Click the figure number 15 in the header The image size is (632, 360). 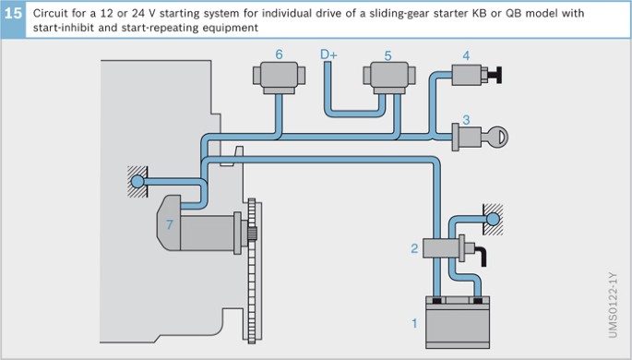click(13, 13)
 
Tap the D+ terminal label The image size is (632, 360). click(328, 54)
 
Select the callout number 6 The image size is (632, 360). click(279, 54)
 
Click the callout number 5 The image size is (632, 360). click(388, 55)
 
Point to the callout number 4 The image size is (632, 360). click(466, 55)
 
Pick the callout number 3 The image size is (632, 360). click(466, 120)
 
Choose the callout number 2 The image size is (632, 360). click(414, 248)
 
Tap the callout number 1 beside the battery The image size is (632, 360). click(414, 323)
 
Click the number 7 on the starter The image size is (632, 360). click(170, 224)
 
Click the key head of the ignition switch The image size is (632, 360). click(499, 137)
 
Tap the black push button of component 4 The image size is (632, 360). click(495, 75)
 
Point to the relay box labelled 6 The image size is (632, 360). click(279, 77)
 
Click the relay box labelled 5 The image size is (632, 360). click(389, 78)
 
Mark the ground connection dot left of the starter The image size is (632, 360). click(137, 182)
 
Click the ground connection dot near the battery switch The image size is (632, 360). click(493, 220)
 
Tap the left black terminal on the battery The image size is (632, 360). click(437, 300)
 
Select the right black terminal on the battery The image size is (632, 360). click(478, 300)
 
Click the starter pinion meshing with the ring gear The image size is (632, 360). click(252, 234)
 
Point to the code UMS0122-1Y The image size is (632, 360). click(613, 306)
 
